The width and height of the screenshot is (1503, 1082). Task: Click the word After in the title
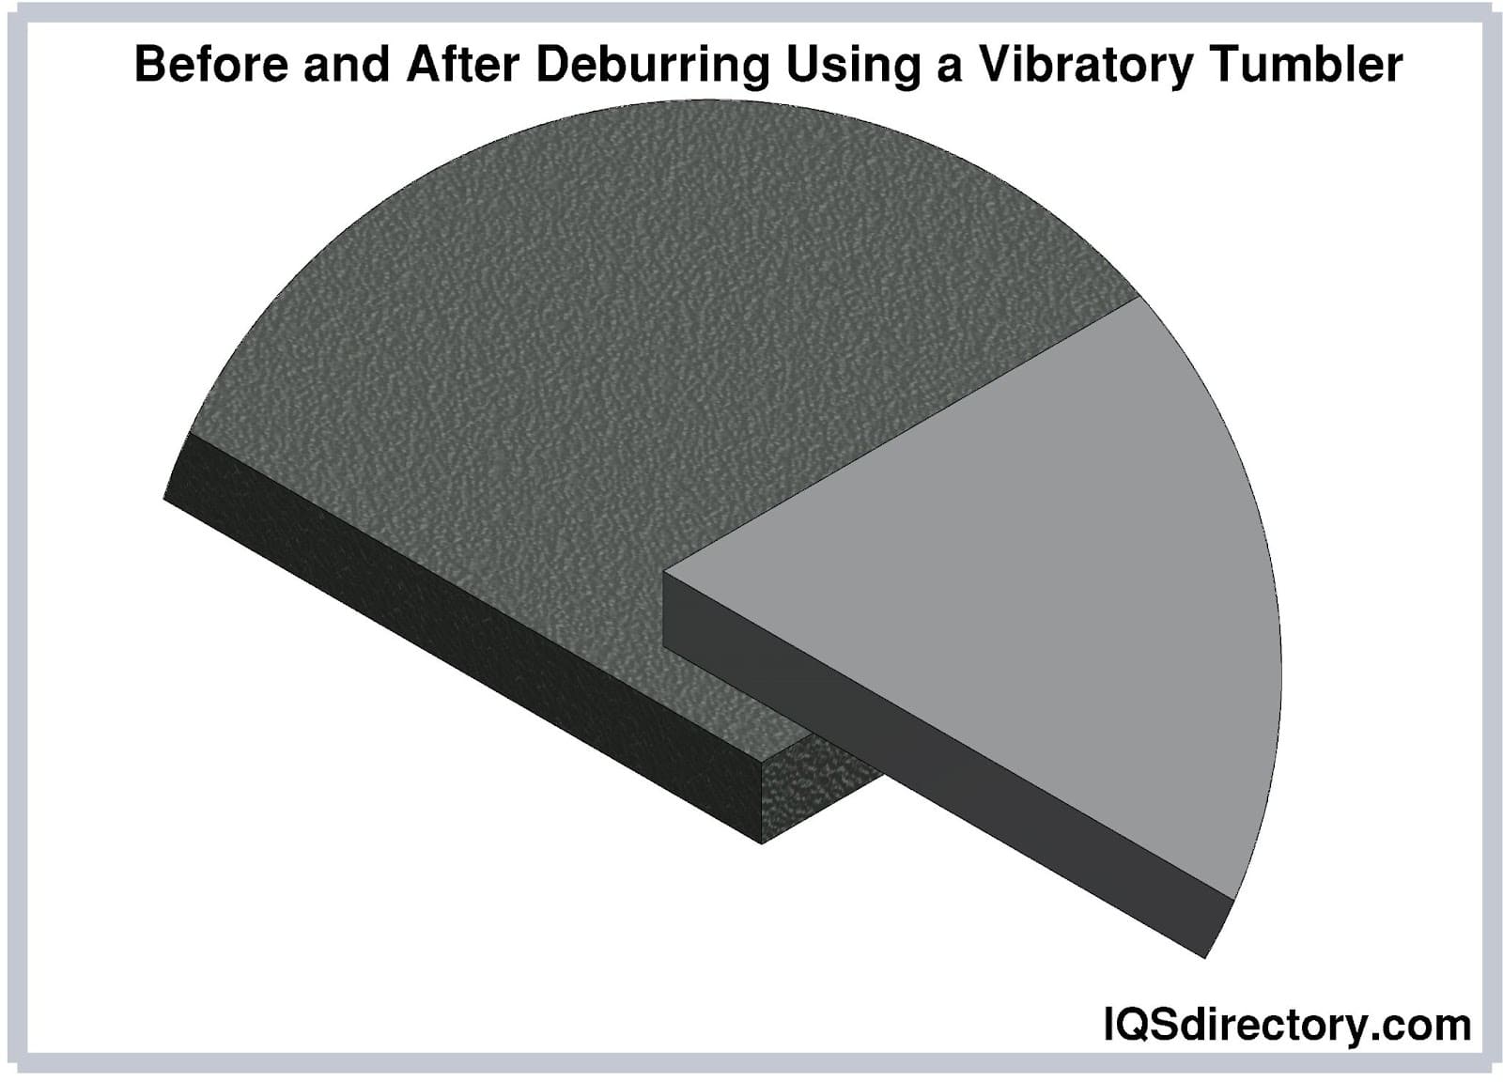[x=462, y=65]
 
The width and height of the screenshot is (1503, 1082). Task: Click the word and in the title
[x=347, y=65]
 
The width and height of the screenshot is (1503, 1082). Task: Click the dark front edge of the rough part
[x=463, y=637]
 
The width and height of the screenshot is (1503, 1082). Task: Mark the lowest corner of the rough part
[x=762, y=843]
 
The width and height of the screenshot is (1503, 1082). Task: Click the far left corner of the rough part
[x=163, y=498]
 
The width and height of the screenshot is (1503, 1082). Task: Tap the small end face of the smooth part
[x=1220, y=928]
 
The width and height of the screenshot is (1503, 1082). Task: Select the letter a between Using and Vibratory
[x=950, y=70]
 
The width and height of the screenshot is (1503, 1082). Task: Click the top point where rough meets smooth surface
[x=1139, y=297]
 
